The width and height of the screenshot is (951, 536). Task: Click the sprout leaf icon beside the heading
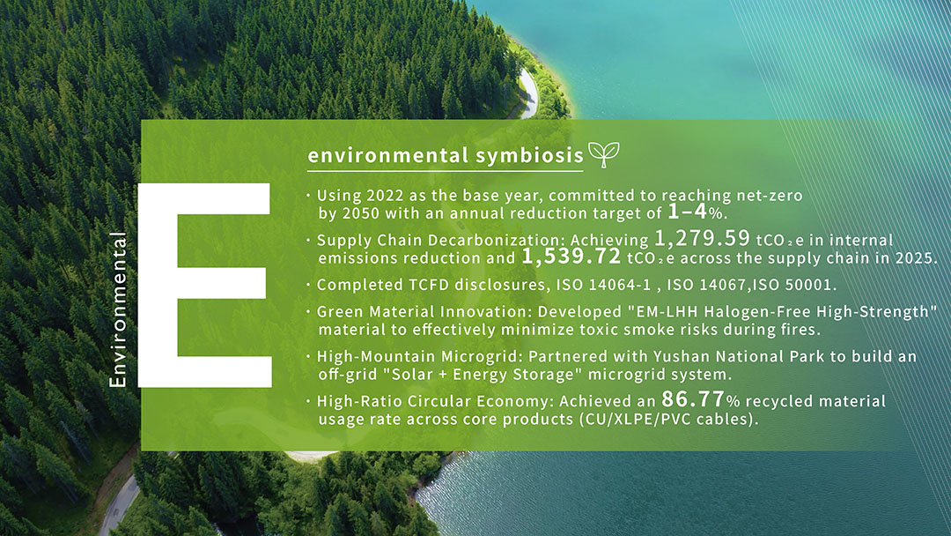click(604, 154)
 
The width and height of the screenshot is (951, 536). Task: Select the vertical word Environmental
click(118, 309)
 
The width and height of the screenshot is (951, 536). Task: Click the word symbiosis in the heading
click(529, 155)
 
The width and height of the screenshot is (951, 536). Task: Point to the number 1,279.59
click(703, 238)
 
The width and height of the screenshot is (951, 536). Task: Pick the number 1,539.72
click(571, 257)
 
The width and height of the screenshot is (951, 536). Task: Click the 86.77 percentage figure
click(693, 399)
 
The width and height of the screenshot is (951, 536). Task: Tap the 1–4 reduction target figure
click(688, 212)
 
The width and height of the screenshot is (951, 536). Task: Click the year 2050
click(361, 213)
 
